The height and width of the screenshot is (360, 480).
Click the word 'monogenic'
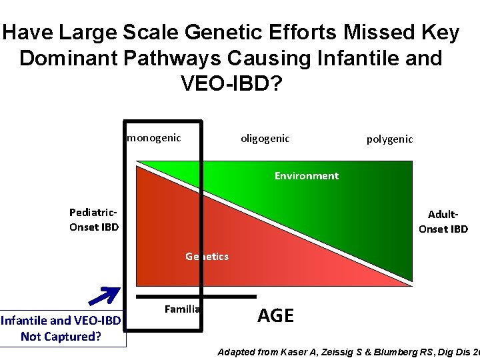click(154, 138)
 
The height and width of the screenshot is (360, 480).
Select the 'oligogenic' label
click(265, 138)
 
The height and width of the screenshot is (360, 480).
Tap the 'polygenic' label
click(389, 139)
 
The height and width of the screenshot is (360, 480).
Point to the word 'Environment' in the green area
click(306, 176)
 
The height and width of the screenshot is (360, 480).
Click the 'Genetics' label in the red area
click(207, 256)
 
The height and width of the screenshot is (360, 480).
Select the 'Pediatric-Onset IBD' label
click(94, 219)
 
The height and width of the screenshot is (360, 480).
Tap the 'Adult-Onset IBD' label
click(443, 222)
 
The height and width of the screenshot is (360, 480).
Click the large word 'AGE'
click(275, 315)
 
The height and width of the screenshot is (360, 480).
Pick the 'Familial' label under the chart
click(182, 309)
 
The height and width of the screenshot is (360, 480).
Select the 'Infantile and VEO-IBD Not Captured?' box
click(61, 329)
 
